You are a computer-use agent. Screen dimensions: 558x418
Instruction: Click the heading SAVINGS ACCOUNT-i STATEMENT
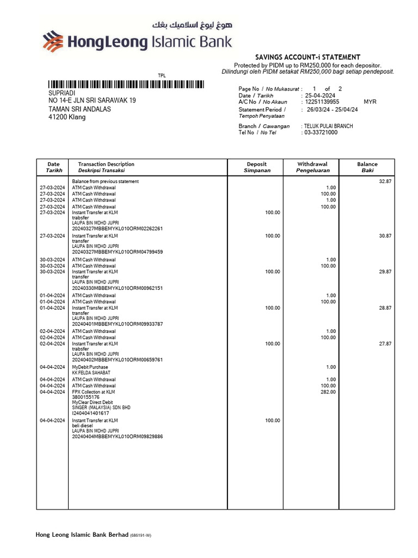click(308, 57)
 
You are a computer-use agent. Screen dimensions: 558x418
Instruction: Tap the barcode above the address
click(126, 84)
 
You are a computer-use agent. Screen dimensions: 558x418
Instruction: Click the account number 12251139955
click(322, 102)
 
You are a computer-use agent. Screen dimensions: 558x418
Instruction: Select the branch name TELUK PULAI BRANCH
click(328, 126)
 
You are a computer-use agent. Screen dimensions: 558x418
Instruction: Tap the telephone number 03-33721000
click(321, 132)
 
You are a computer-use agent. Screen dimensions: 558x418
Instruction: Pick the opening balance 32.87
click(385, 181)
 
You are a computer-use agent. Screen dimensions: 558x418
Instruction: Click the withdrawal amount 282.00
click(328, 392)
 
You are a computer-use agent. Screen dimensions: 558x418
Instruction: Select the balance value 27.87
click(385, 344)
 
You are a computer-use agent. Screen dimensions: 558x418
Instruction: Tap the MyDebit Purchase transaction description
click(90, 367)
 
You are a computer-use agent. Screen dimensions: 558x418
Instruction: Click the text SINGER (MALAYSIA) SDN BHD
click(101, 408)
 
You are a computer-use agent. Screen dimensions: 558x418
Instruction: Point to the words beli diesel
click(83, 426)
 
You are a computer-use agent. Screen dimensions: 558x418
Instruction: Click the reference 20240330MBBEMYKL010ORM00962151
click(117, 288)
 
